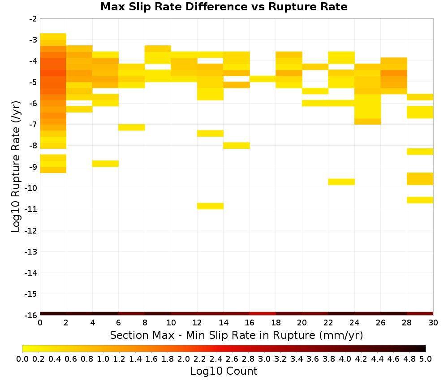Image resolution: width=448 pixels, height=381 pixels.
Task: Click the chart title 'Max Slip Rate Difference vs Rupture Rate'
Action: (224, 7)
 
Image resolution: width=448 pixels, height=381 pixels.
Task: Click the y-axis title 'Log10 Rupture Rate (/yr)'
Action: (16, 167)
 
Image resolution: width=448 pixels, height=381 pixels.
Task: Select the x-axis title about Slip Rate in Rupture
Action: (237, 335)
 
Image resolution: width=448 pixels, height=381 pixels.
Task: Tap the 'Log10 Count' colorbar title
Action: (224, 371)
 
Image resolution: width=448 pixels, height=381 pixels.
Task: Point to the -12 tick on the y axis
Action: (31, 230)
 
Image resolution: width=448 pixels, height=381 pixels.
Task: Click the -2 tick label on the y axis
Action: (33, 19)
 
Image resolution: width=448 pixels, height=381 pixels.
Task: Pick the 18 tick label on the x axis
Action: (276, 323)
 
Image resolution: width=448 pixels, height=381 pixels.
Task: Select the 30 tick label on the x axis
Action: (433, 323)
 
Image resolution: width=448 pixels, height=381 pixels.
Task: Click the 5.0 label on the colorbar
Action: (426, 359)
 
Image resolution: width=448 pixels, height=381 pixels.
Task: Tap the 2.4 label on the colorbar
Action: (216, 359)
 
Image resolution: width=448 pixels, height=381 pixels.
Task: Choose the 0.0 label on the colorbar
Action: (22, 359)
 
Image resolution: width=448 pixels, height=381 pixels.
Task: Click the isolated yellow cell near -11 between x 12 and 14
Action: (210, 206)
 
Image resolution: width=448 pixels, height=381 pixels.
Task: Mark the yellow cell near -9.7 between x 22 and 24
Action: (341, 182)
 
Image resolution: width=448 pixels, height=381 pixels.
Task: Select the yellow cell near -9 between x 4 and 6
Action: (105, 164)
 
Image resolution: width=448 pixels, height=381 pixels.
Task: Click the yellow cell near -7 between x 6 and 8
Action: (132, 127)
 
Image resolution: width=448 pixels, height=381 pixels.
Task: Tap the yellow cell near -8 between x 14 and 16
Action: (237, 146)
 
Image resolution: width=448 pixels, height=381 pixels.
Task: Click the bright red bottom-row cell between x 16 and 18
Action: (263, 314)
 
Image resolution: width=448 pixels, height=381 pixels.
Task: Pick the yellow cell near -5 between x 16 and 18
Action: (263, 79)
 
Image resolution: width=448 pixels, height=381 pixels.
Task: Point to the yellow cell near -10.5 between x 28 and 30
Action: (420, 200)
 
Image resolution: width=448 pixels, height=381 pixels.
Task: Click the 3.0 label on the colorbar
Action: (264, 359)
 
